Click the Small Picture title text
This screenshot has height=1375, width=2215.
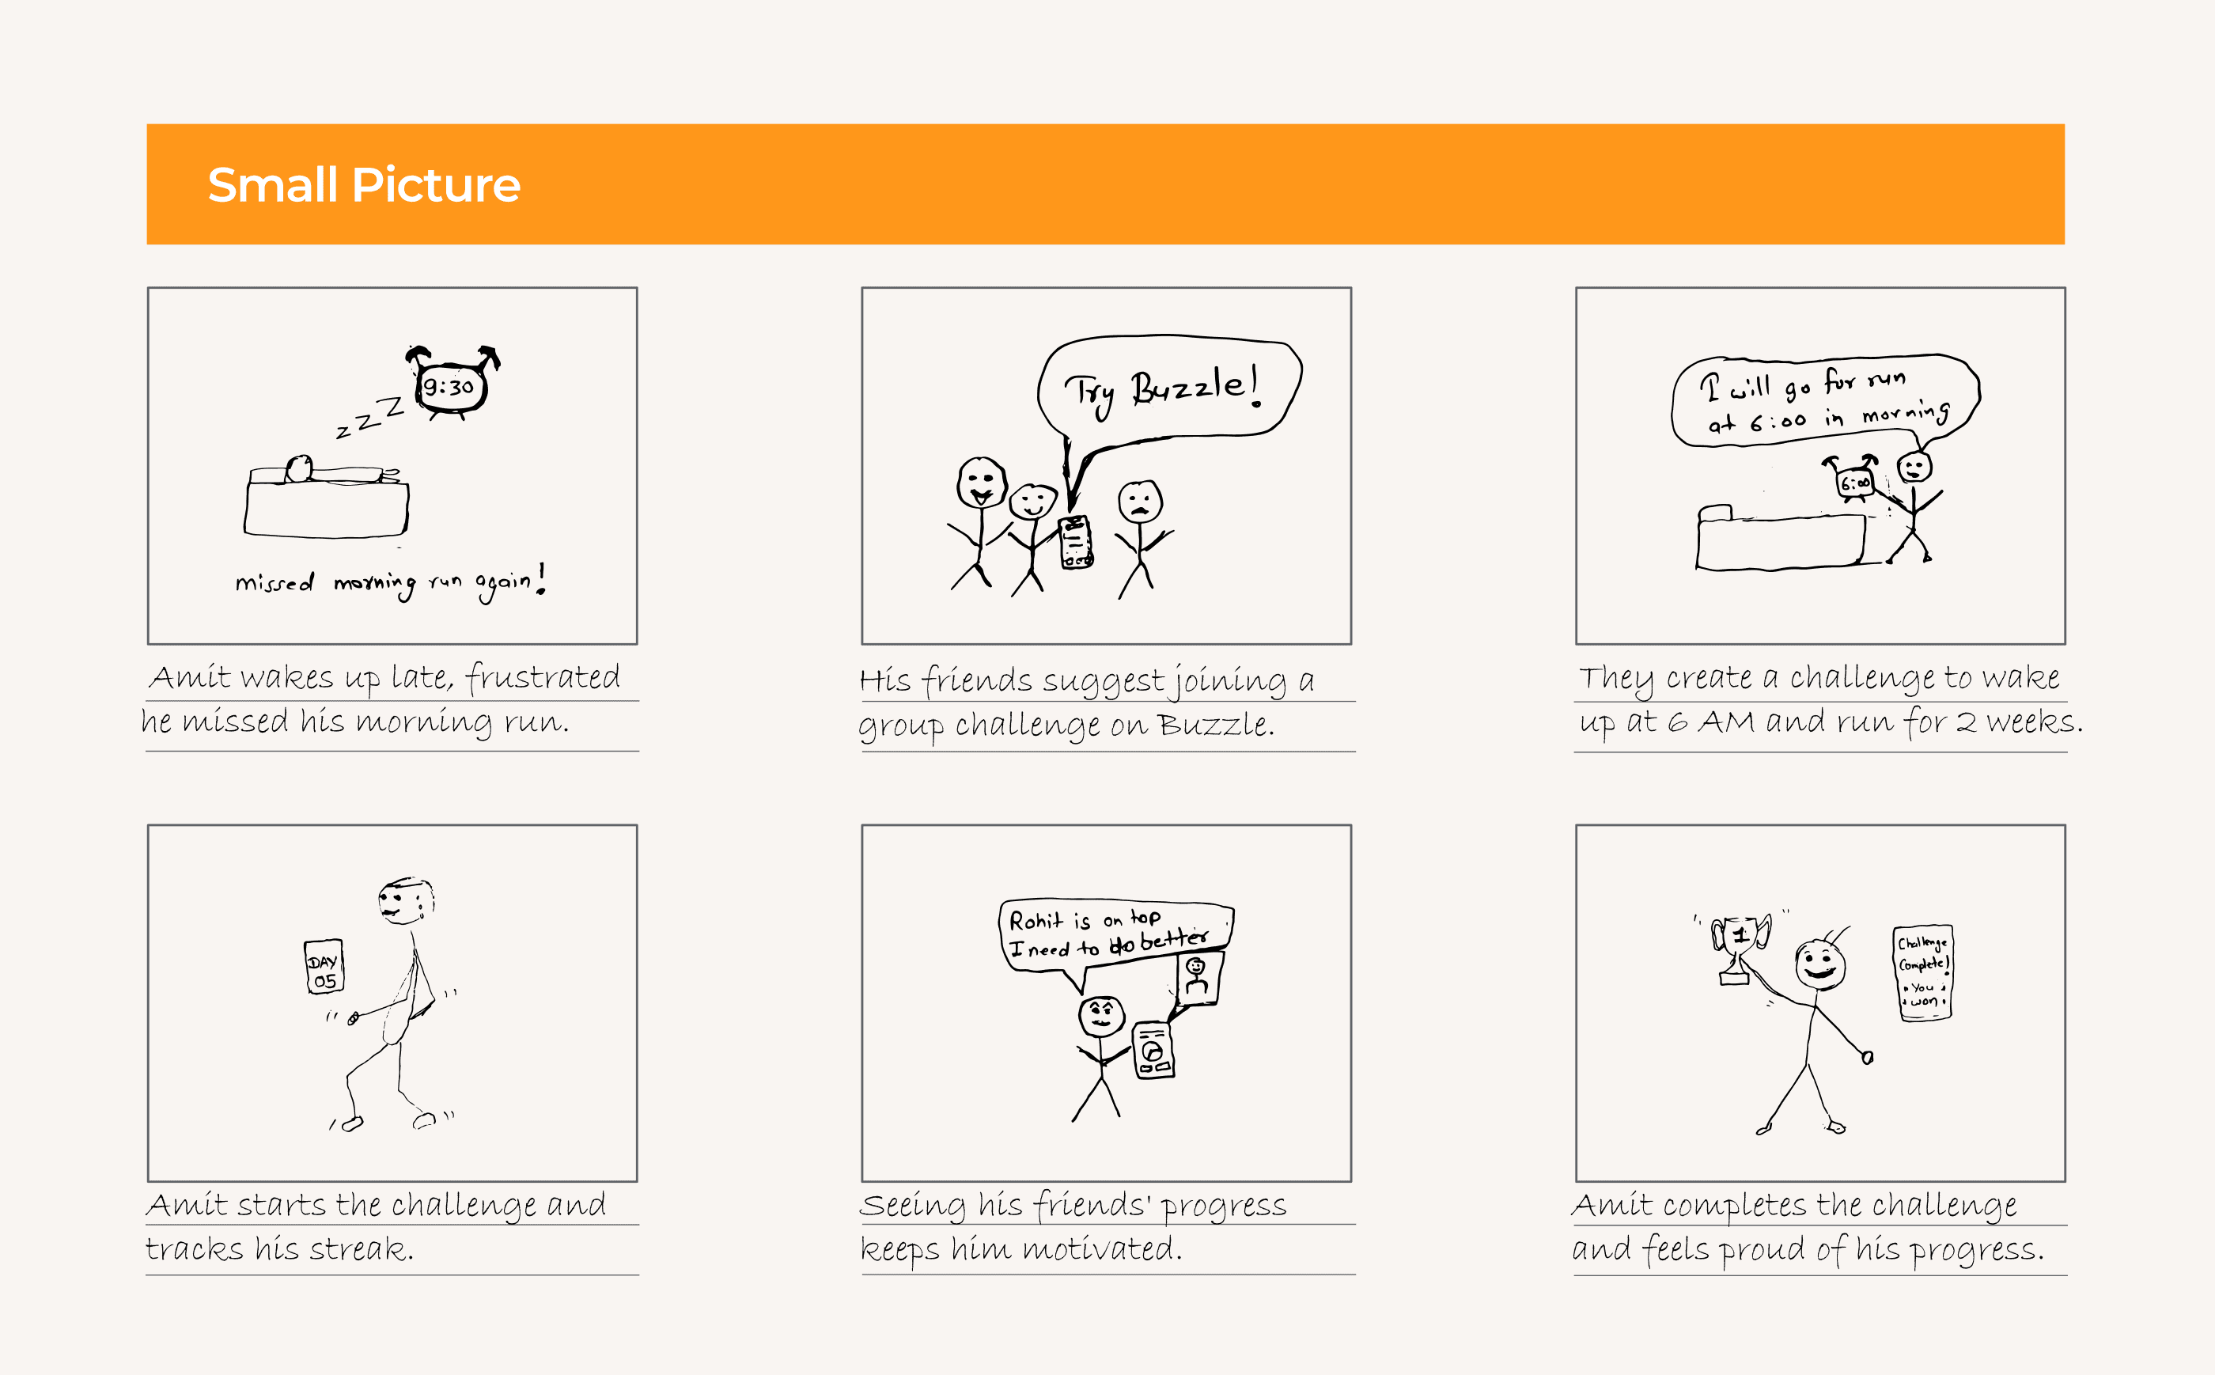[364, 184]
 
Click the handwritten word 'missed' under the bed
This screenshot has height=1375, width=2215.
[275, 582]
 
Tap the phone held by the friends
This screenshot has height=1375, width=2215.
[1076, 542]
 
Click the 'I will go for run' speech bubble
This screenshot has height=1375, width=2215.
[1825, 400]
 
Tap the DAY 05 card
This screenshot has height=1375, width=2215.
[324, 967]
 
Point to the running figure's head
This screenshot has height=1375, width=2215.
[406, 901]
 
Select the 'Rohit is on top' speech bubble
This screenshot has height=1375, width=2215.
[1115, 935]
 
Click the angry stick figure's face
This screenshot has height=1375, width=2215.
[1102, 1016]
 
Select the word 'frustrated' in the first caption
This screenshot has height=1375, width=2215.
[543, 677]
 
